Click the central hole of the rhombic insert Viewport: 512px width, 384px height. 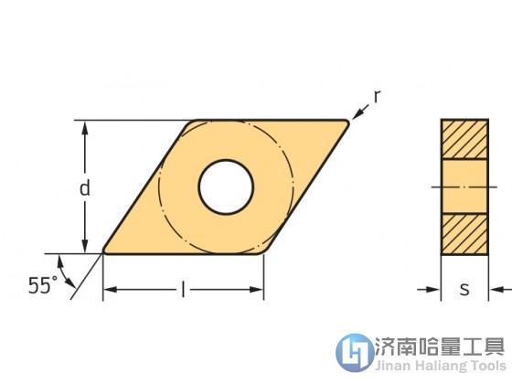226,187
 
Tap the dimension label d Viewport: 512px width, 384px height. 85,188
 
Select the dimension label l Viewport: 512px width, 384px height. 183,290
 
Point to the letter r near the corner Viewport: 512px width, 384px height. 377,97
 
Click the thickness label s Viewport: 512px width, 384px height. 464,289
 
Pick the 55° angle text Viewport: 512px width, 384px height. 43,285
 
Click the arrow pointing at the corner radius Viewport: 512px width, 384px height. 360,112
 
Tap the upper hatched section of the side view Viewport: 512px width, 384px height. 464,139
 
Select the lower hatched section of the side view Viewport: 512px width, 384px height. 464,234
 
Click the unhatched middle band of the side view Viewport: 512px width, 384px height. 464,187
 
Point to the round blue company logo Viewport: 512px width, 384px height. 355,352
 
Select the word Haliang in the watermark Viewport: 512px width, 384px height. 441,366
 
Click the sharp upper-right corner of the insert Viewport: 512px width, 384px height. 347,123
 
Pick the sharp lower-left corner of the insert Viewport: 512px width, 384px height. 104,251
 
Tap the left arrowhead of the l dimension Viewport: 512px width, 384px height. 111,290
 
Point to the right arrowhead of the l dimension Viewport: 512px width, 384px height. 256,290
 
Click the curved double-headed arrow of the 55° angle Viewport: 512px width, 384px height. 64,273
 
